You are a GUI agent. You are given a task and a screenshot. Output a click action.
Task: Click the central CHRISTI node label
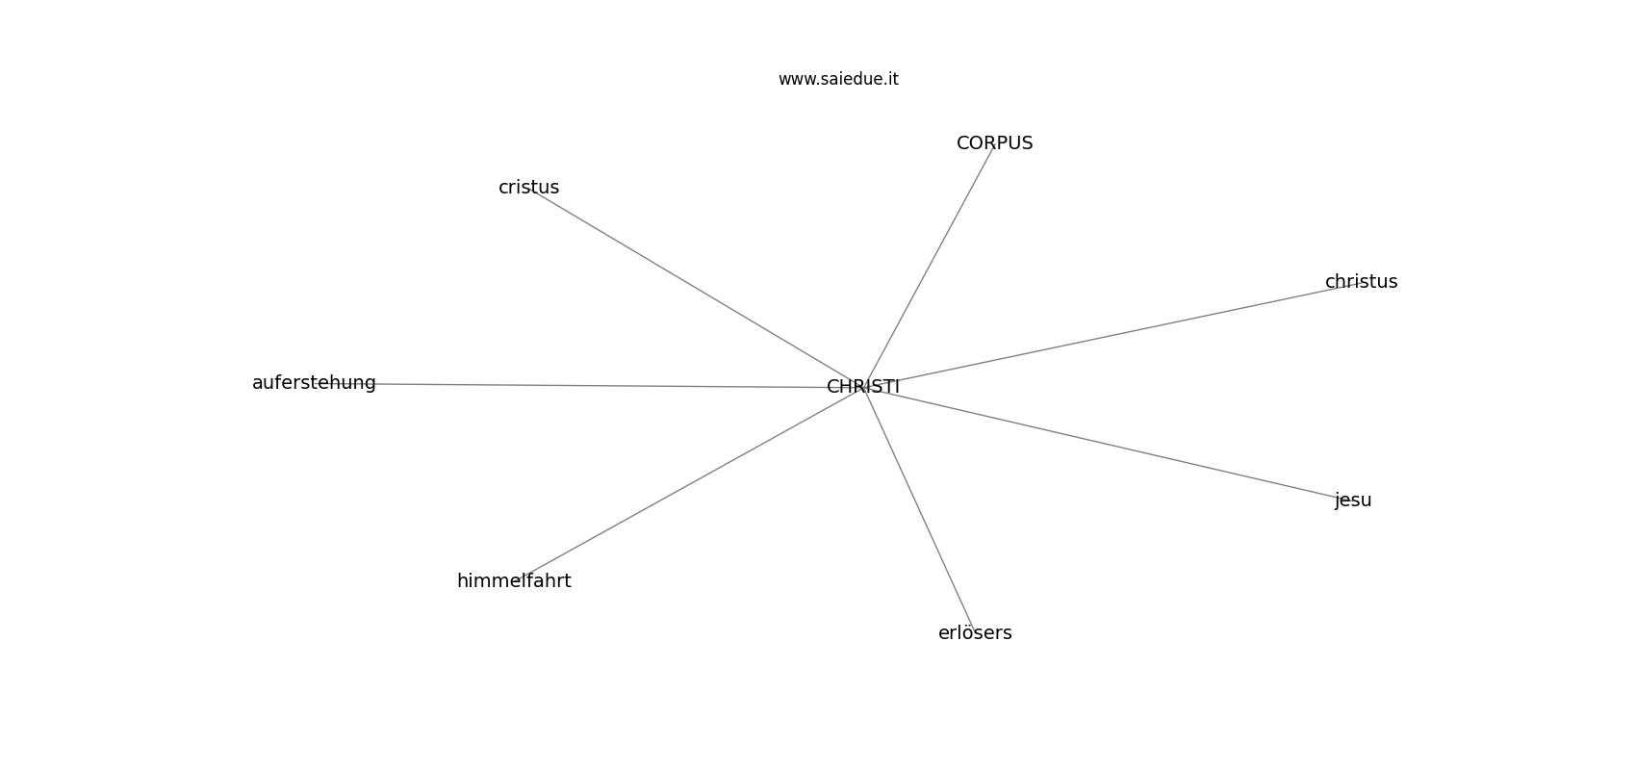click(862, 387)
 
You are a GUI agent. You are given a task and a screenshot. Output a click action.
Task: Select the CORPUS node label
click(995, 143)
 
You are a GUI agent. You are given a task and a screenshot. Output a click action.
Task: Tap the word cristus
click(528, 188)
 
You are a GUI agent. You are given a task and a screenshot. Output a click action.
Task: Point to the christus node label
click(1362, 282)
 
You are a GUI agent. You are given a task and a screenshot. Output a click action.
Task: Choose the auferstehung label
click(314, 383)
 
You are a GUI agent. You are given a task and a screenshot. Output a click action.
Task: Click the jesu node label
click(1353, 500)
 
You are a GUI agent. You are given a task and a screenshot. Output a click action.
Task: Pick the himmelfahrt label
click(514, 581)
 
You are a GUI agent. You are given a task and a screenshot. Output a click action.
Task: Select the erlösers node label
click(975, 633)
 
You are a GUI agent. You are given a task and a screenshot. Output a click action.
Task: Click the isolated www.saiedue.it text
click(838, 79)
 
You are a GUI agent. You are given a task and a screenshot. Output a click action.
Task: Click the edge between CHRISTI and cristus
click(696, 287)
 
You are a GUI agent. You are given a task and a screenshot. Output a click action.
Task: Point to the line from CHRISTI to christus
click(1112, 335)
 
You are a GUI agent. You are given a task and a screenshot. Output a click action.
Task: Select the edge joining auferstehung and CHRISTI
click(589, 385)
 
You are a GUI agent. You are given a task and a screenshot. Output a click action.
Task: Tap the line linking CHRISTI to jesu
click(1108, 444)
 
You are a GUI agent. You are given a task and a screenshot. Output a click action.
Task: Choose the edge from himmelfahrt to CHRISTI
click(689, 483)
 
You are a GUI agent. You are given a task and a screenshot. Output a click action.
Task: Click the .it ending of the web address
click(891, 79)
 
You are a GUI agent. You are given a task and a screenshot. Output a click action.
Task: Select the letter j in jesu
click(1337, 501)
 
